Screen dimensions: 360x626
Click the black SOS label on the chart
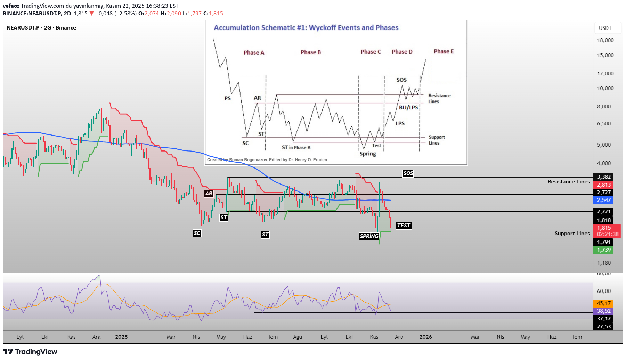point(408,173)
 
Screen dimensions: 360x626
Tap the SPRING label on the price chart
point(369,236)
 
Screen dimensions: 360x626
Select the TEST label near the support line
point(404,226)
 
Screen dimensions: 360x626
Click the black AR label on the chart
point(209,194)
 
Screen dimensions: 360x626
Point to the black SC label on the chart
point(197,233)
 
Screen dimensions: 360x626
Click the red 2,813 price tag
point(603,185)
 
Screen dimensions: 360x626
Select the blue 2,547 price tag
point(603,200)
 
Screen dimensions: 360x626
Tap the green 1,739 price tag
point(603,250)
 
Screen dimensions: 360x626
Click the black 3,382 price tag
point(603,177)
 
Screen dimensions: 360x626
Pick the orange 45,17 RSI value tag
point(603,303)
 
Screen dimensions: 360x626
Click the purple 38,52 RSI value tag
point(603,311)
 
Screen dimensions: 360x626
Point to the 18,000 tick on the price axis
point(605,40)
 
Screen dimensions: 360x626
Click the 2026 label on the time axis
point(425,337)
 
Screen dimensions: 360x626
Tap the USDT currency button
point(605,28)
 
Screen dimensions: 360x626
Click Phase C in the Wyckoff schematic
point(371,52)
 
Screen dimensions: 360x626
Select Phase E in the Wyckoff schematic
point(444,51)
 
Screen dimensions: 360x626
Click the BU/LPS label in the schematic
point(408,108)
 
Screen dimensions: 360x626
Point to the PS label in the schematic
point(227,98)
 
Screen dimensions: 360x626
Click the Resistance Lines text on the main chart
point(569,182)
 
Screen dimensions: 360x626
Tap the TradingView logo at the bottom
point(30,352)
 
